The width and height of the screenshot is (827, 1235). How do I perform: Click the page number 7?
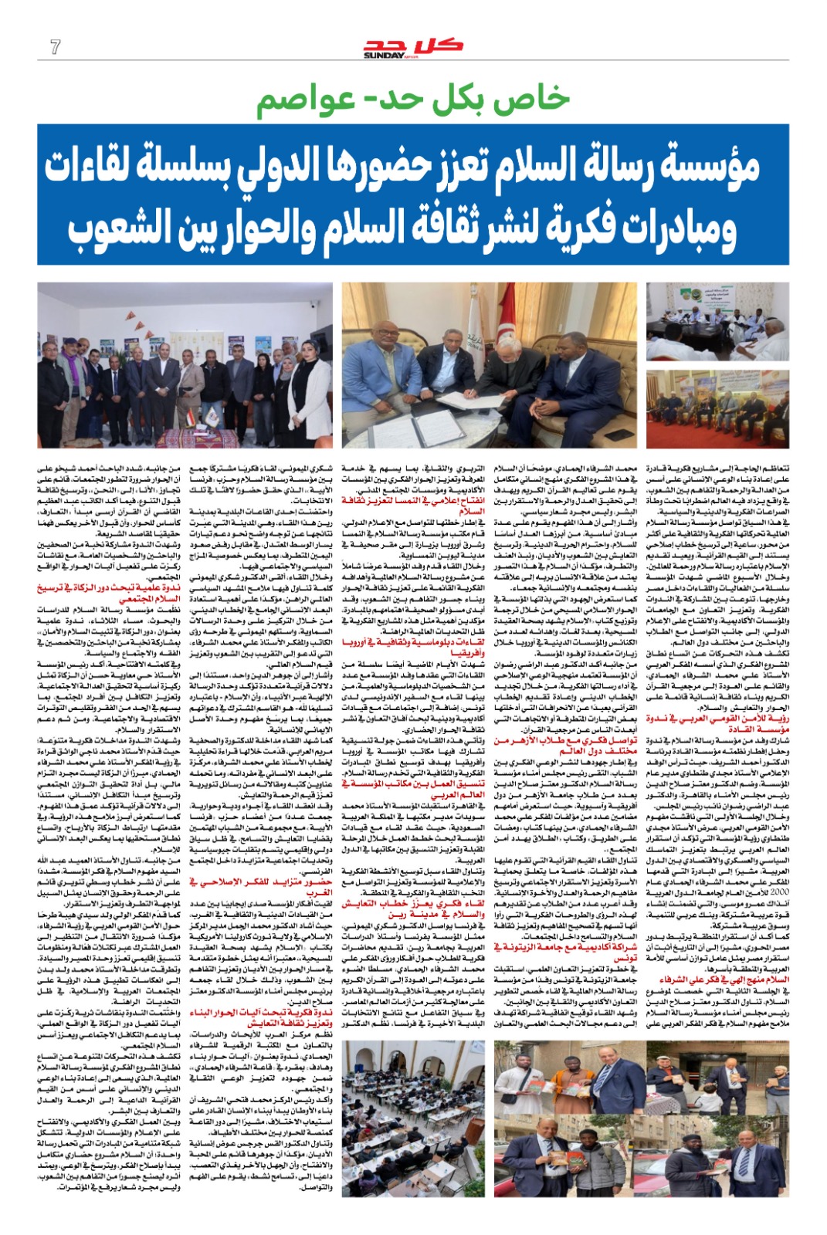(x=55, y=47)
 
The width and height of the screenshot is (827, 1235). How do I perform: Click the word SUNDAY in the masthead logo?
(x=384, y=55)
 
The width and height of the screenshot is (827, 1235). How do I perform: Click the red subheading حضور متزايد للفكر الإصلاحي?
(x=262, y=881)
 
